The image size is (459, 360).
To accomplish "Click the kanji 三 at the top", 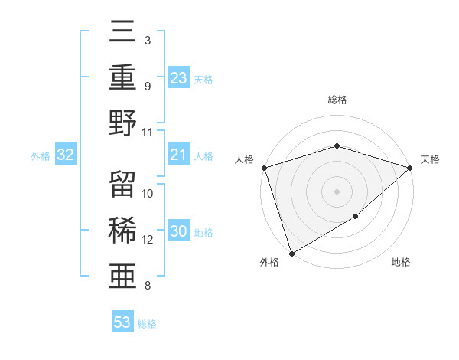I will pos(122,32).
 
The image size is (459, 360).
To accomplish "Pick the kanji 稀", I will pos(122,231).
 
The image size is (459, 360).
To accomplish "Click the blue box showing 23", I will pos(179,77).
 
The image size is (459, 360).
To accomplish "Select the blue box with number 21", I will pos(179,155).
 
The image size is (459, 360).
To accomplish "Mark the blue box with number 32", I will pos(66,155).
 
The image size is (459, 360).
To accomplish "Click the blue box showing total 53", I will pos(122,322).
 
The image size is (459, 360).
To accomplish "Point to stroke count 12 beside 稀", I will pos(148,240).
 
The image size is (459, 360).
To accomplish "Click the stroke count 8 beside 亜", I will pos(148,286).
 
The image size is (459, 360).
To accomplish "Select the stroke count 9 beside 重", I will pos(148,86).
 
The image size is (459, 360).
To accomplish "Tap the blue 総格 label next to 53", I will pos(147,323).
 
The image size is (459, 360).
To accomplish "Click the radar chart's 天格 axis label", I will pos(431,159).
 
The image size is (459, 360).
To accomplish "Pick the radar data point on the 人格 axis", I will pos(264,168).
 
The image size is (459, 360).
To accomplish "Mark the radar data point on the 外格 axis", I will pos(292,253).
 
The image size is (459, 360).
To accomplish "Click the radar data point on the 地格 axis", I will pos(356,218).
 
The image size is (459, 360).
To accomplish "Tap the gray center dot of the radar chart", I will pos(337,191).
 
